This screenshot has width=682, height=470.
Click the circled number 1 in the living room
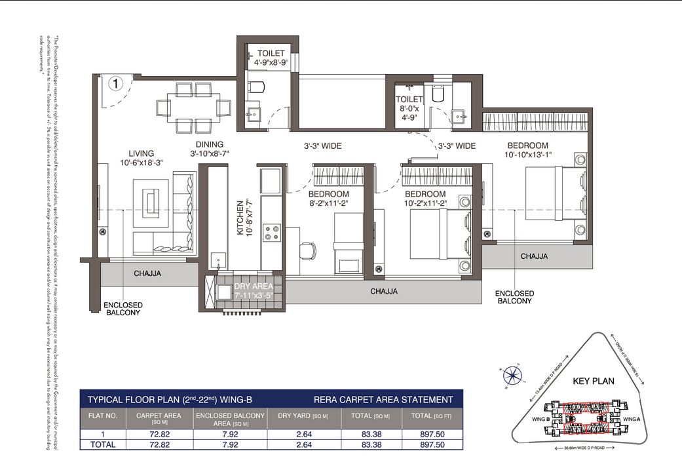click(115, 84)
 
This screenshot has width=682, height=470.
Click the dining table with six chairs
click(193, 106)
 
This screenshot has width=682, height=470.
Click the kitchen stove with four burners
click(271, 233)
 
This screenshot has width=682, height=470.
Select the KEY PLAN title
click(592, 380)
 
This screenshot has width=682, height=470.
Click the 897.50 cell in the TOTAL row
click(432, 444)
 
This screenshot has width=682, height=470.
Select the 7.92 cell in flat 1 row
click(230, 434)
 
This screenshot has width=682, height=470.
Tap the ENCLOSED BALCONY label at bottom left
click(123, 309)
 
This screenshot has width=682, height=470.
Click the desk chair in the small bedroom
click(307, 250)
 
